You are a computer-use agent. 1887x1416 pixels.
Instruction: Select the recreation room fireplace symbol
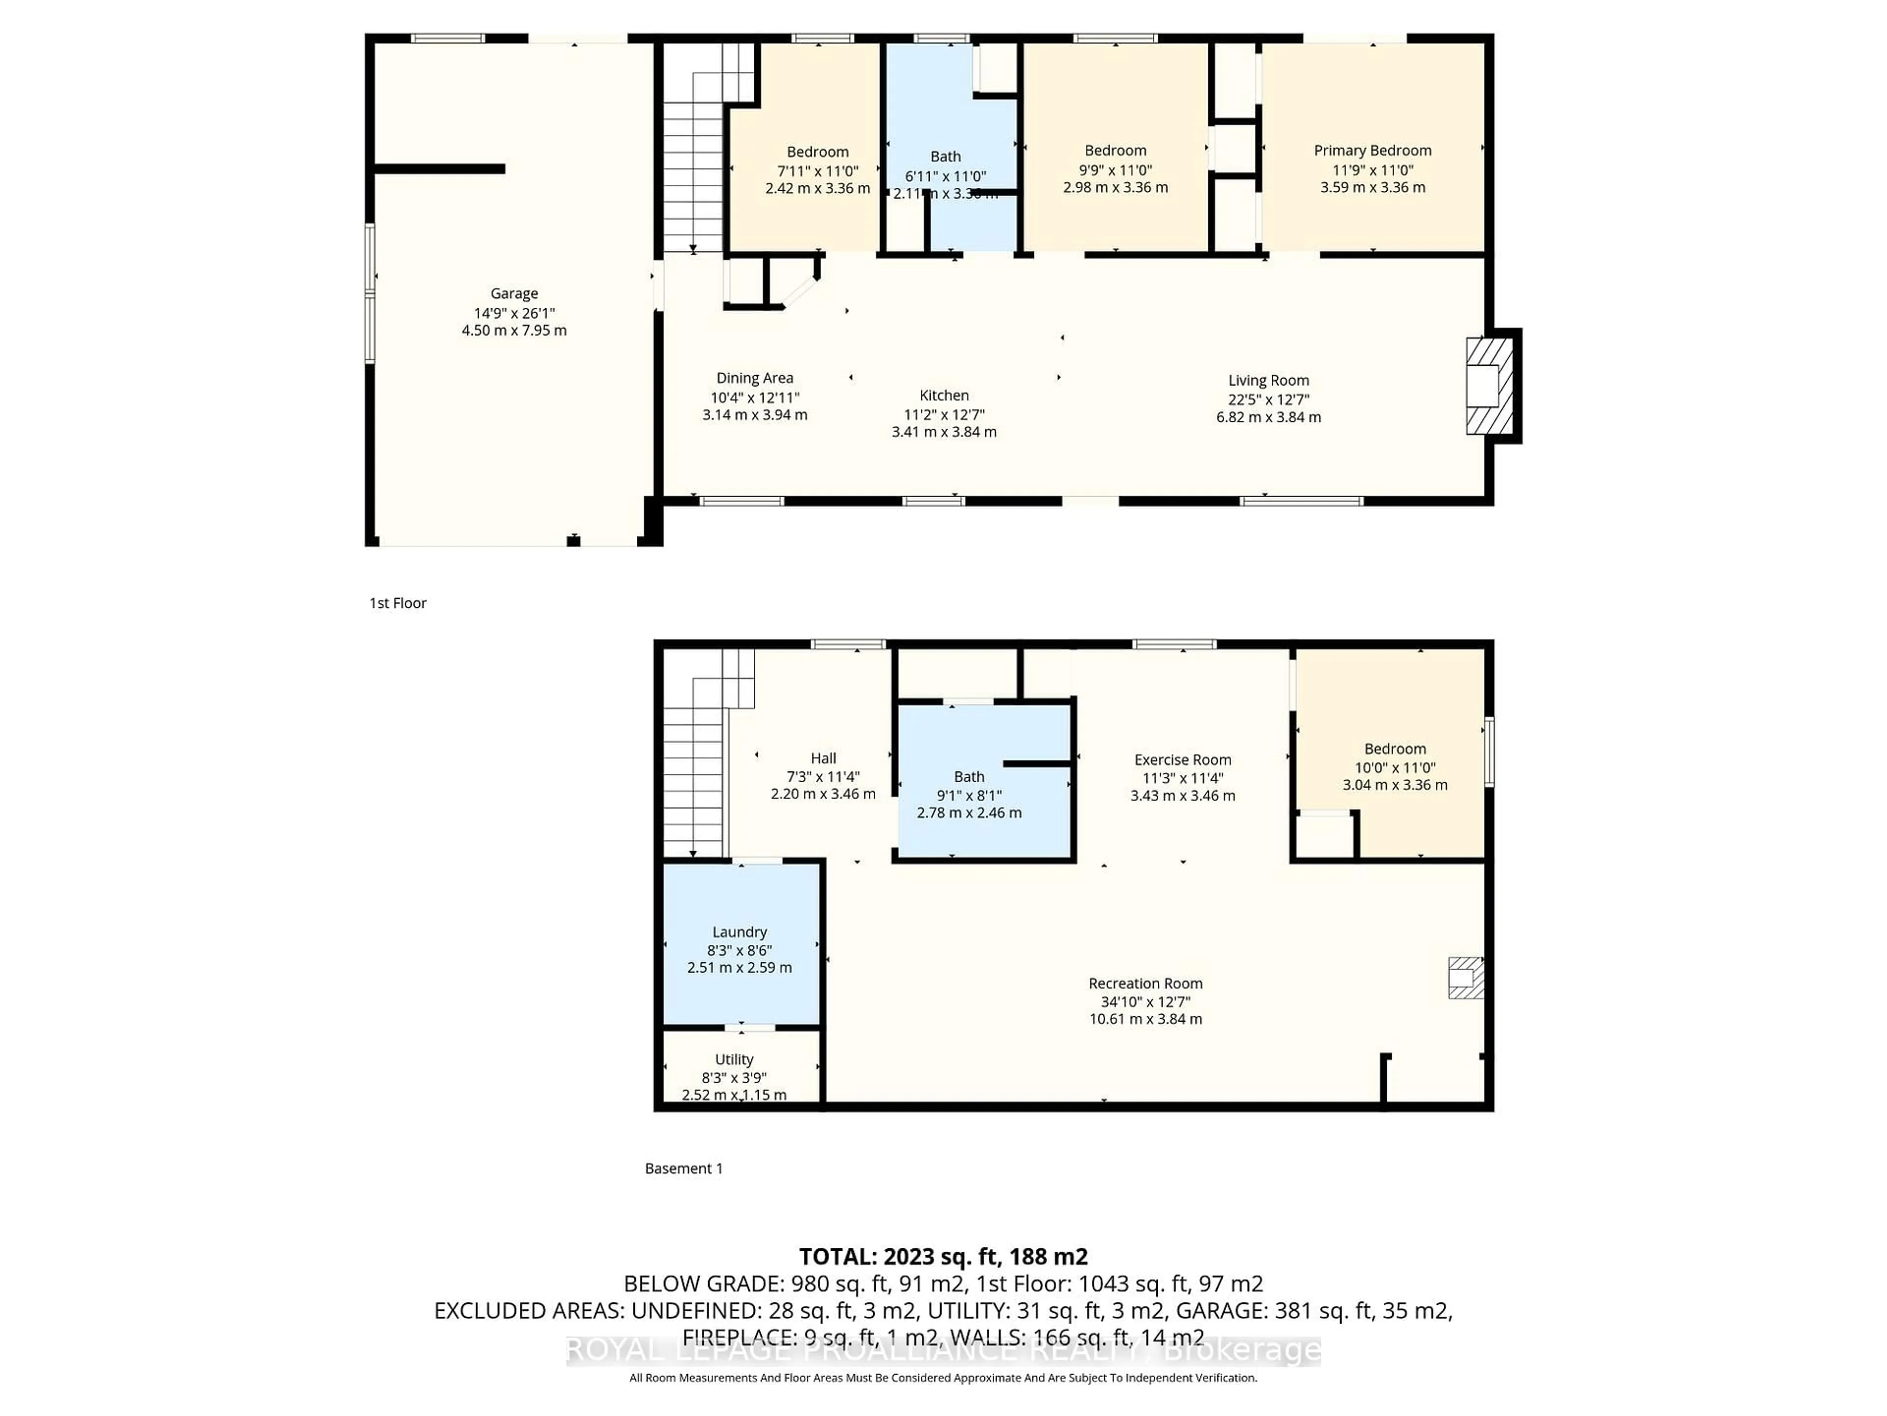click(1465, 978)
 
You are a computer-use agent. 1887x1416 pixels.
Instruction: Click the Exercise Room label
click(1182, 760)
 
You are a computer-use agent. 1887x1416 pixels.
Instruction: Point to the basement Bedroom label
click(1394, 748)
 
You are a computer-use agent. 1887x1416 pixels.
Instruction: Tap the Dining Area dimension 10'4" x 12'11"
click(754, 397)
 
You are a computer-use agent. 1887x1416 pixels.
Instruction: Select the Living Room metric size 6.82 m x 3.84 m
click(1268, 417)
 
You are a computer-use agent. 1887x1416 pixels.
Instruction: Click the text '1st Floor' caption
click(398, 603)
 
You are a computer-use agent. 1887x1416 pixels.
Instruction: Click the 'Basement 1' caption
click(684, 1169)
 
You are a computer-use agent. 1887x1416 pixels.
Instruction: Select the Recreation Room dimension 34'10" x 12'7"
click(1145, 1001)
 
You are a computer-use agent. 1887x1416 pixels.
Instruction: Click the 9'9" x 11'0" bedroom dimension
click(1115, 170)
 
